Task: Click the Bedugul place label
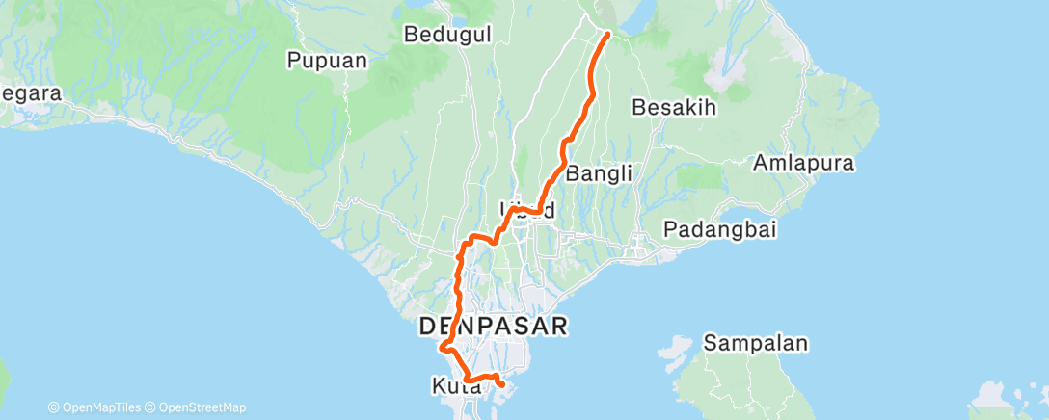point(448,35)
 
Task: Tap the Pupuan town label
point(328,60)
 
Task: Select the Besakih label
point(674,107)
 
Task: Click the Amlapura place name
point(805,162)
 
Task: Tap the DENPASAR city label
point(492,326)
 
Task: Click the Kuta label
point(452,386)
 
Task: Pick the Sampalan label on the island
point(755,343)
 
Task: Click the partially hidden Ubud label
point(527,209)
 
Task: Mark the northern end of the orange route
point(607,34)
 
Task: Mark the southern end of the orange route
point(502,384)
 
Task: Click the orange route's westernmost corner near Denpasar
point(441,348)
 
